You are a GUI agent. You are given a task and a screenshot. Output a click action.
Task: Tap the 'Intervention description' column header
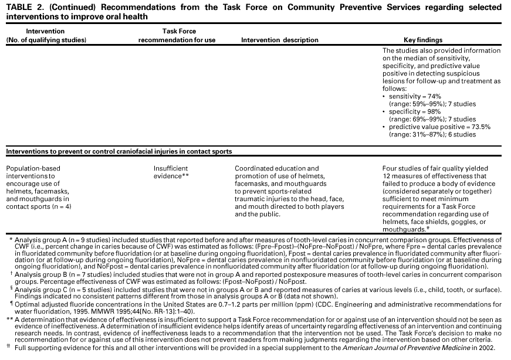click(280, 40)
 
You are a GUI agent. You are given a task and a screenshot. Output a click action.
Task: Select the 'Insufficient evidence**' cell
click(171, 172)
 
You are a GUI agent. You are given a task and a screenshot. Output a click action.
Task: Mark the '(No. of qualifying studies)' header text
click(46, 40)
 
